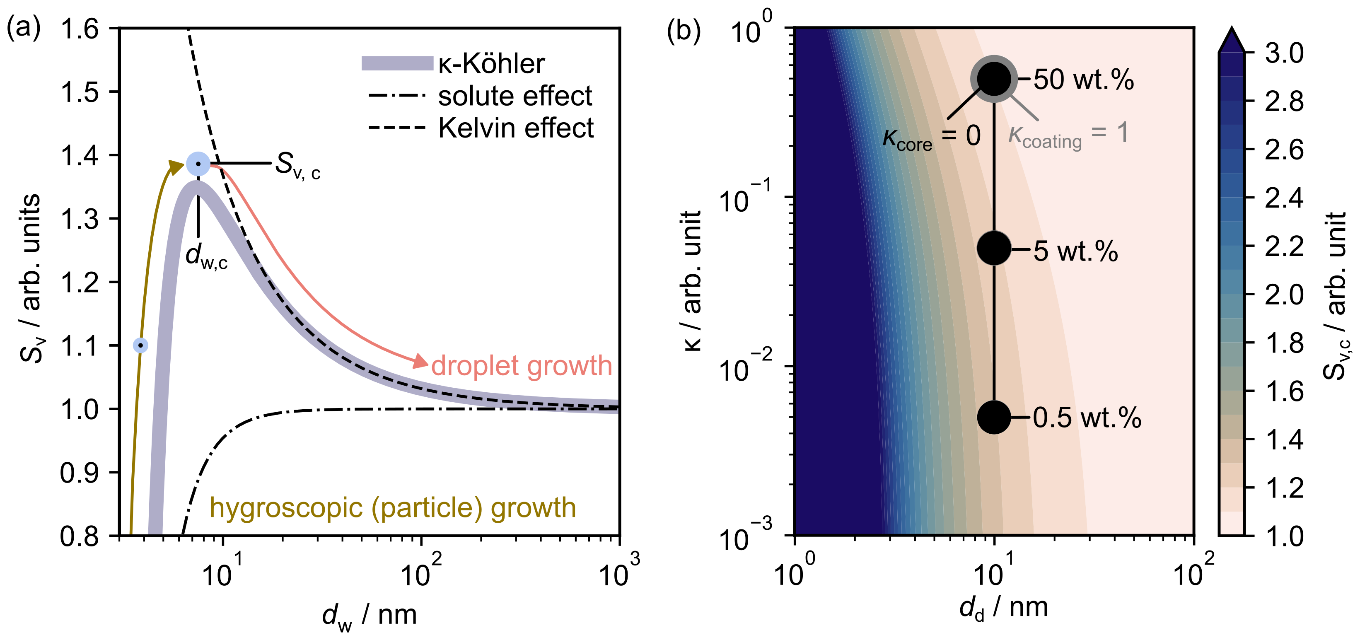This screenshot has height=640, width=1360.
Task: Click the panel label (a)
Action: [23, 27]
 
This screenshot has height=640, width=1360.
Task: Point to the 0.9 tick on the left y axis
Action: [80, 473]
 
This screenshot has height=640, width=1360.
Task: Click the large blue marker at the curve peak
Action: [198, 164]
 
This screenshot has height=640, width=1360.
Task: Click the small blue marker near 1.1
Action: [140, 345]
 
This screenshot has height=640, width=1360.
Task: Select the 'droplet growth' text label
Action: [522, 365]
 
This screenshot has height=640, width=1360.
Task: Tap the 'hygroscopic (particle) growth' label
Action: [393, 507]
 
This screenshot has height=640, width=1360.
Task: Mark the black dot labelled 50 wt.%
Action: [994, 79]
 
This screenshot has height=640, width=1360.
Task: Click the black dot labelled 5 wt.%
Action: [994, 248]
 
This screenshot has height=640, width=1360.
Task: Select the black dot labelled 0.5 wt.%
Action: [994, 417]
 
